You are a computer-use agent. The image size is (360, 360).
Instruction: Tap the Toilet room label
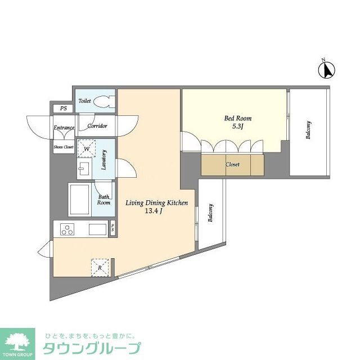pyautogui.click(x=84, y=101)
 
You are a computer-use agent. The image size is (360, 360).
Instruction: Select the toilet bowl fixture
pyautogui.click(x=103, y=102)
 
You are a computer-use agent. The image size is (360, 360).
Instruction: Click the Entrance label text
pyautogui.click(x=64, y=128)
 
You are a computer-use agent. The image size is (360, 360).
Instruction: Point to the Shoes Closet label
pyautogui.click(x=64, y=147)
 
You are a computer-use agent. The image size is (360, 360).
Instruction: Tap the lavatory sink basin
pyautogui.click(x=85, y=169)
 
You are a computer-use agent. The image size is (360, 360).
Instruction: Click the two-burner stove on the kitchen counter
pyautogui.click(x=68, y=229)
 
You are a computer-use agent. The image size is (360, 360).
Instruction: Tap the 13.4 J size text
pyautogui.click(x=152, y=211)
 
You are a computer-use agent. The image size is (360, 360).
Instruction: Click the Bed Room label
pyautogui.click(x=238, y=119)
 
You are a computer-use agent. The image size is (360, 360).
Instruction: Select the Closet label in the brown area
pyautogui.click(x=232, y=165)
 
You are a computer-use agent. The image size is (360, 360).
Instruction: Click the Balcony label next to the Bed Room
pyautogui.click(x=309, y=130)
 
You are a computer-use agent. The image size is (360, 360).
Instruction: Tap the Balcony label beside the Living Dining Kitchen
pyautogui.click(x=211, y=213)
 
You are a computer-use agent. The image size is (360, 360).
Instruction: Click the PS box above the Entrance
pyautogui.click(x=63, y=109)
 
